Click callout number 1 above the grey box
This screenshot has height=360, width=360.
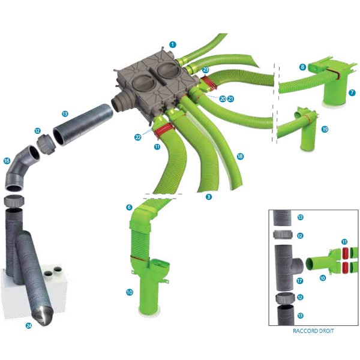point(173,44)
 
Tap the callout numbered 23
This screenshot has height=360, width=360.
point(205,70)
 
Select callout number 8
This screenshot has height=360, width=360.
point(302,67)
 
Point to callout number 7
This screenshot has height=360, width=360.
point(352,92)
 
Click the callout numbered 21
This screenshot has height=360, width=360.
point(230,99)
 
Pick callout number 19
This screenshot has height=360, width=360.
point(325,129)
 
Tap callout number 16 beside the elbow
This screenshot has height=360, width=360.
point(7,161)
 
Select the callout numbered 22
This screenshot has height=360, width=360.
point(138,137)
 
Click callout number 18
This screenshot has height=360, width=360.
point(240,157)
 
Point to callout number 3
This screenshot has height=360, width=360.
point(208,197)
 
